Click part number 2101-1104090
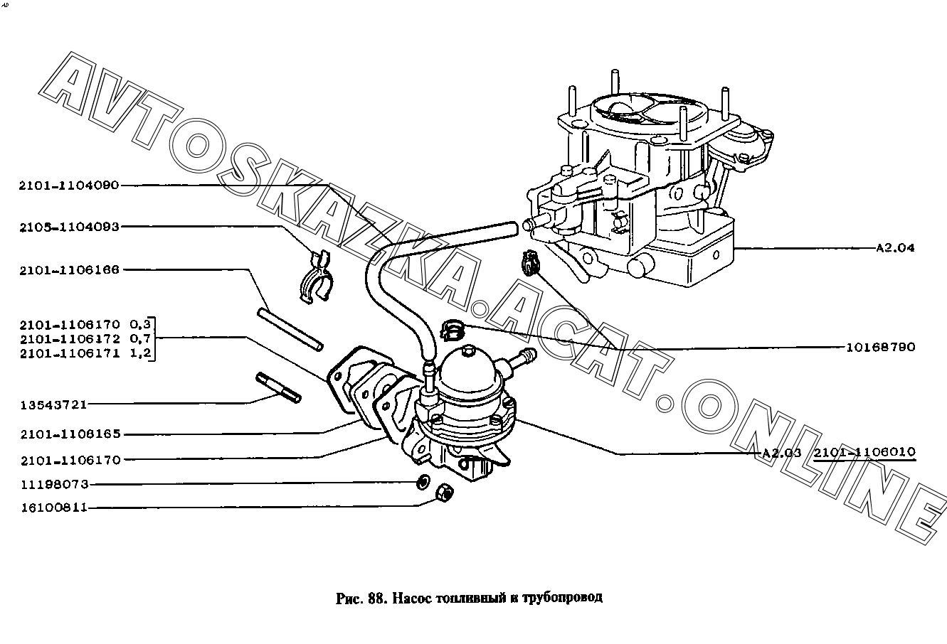click(69, 186)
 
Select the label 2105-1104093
click(69, 227)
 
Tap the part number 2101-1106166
click(69, 270)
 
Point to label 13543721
click(54, 404)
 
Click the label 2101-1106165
click(70, 434)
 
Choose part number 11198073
click(54, 485)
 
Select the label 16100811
click(54, 508)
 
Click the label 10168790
click(881, 348)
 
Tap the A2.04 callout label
click(895, 248)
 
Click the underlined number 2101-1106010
click(864, 453)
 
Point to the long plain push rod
click(290, 328)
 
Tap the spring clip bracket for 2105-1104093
click(316, 277)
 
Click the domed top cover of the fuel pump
click(469, 370)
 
